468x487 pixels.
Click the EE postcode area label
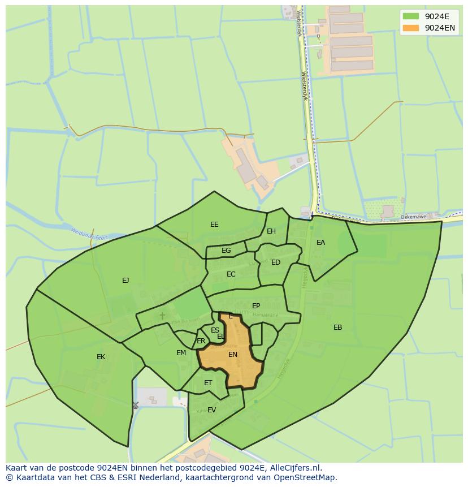[x=214, y=225]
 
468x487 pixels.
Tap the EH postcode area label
[x=271, y=231]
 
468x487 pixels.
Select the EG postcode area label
[x=226, y=251]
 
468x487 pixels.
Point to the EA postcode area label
[x=320, y=243]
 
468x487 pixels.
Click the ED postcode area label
[x=276, y=262]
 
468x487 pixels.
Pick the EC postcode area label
[x=231, y=274]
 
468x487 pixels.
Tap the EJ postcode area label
[x=125, y=280]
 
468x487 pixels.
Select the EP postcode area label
[x=256, y=306]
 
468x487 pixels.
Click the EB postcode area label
[x=337, y=327]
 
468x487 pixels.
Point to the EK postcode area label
[x=101, y=357]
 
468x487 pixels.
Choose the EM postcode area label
[x=181, y=353]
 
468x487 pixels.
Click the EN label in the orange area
[x=233, y=355]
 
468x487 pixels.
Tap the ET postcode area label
[x=208, y=383]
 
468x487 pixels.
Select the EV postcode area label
[x=211, y=410]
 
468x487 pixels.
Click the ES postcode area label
[x=215, y=330]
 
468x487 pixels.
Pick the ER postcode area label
[x=201, y=341]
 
